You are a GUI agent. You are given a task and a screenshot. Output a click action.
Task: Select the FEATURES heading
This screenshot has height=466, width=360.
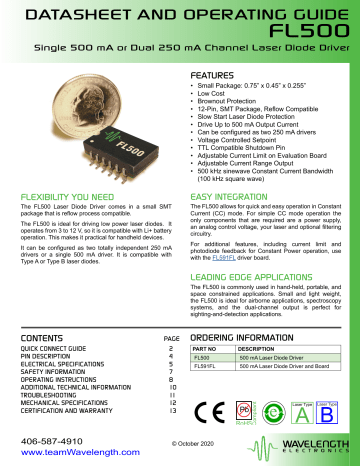(x=216, y=76)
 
